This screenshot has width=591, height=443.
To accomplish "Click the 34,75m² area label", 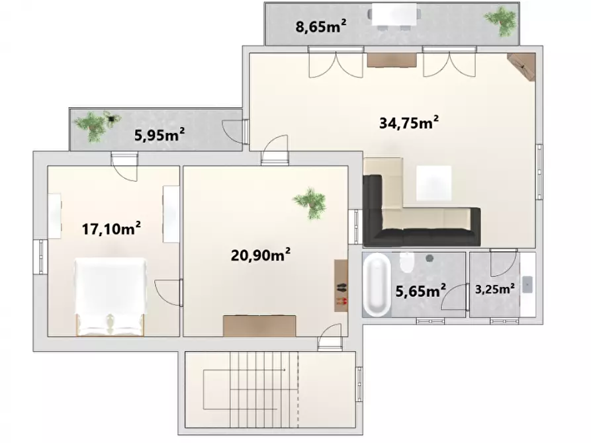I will [x=410, y=122].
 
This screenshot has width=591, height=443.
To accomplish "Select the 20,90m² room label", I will [x=262, y=255].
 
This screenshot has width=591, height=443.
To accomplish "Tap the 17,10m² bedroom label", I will [x=112, y=229].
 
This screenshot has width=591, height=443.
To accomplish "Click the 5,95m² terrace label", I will [x=159, y=135].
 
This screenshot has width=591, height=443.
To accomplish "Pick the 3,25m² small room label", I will [x=496, y=288].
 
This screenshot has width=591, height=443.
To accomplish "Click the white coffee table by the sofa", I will [x=433, y=182].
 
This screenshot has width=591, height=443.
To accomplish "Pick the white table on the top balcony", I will [x=395, y=15].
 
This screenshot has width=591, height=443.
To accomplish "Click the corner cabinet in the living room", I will [x=523, y=65].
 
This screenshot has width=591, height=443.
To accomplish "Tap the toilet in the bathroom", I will [x=408, y=264].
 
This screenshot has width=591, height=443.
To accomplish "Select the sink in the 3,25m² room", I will [x=527, y=284].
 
